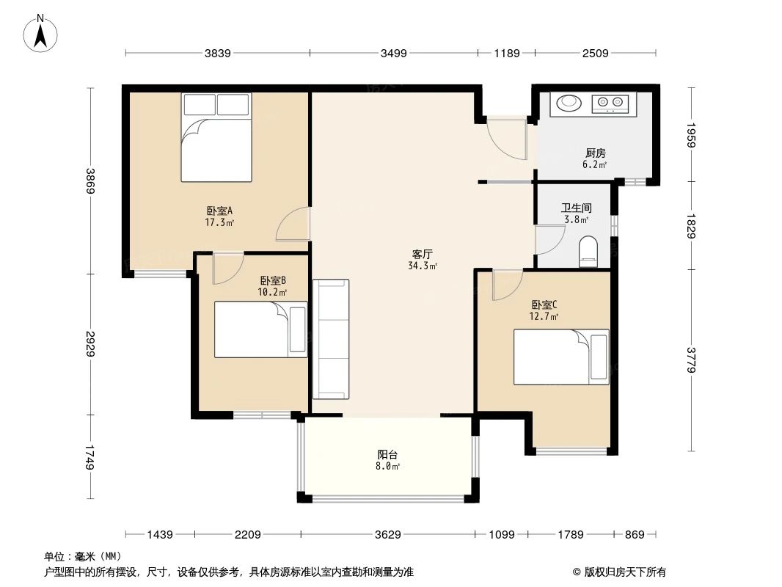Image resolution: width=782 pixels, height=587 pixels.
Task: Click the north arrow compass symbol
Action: [x=40, y=34]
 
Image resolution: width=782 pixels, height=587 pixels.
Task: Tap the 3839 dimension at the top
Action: [x=217, y=53]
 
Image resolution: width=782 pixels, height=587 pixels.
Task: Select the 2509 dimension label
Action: [x=595, y=53]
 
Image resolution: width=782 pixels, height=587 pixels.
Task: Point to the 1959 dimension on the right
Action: [x=691, y=135]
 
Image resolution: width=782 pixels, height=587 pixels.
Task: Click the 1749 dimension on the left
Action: [x=89, y=457]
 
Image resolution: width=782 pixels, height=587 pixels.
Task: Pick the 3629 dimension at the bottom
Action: [x=387, y=535]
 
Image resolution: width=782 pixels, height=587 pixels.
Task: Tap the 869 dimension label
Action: [x=635, y=535]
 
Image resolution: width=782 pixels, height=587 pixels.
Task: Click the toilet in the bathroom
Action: [x=588, y=252]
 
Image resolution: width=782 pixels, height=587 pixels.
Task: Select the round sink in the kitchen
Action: [x=569, y=103]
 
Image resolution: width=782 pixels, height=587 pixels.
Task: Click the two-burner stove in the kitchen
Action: [x=610, y=103]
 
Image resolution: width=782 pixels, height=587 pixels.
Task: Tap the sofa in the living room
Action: [x=331, y=339]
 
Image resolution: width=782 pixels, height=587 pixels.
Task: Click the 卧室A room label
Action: [x=219, y=211]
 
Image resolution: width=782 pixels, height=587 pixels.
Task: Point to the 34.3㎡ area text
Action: [x=423, y=266]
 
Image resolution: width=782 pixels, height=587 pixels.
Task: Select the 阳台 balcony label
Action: [x=387, y=454]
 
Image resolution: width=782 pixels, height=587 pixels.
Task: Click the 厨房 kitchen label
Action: [x=596, y=153]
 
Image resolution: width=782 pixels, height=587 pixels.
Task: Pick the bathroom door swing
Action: [x=550, y=241]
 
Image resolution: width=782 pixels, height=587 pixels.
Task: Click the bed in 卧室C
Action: [x=561, y=357]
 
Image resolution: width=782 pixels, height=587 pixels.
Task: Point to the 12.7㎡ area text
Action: [x=544, y=316]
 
